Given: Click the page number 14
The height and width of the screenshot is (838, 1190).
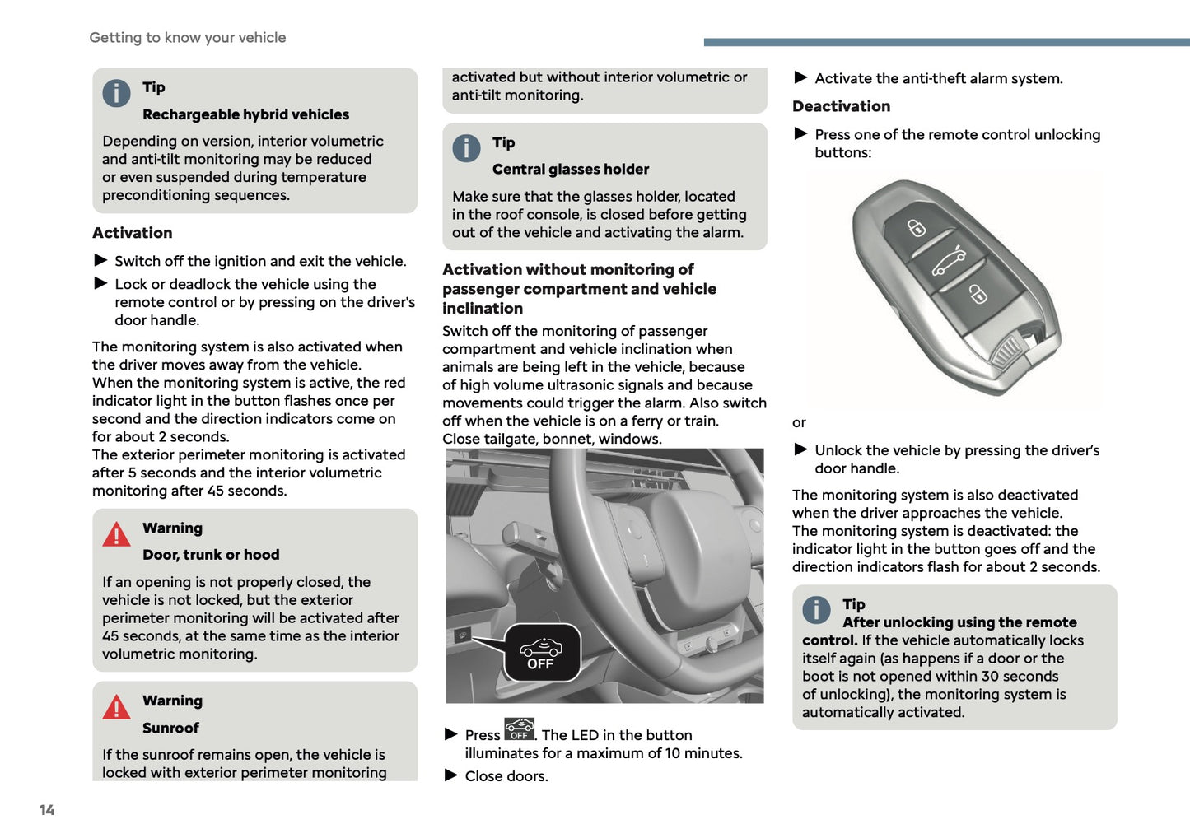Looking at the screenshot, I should (47, 810).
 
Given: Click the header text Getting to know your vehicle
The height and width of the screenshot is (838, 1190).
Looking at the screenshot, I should (188, 38).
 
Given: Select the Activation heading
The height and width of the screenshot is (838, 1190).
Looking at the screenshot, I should (133, 233).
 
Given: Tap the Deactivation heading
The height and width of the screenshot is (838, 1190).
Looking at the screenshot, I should (841, 106).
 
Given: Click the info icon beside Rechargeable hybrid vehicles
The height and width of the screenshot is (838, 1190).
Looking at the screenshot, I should (116, 93).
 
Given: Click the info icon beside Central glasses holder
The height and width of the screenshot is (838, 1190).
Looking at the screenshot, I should (466, 148).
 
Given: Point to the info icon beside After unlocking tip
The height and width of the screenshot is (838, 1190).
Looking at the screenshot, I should (816, 610).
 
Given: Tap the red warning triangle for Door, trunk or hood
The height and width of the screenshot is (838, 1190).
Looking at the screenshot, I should (116, 535).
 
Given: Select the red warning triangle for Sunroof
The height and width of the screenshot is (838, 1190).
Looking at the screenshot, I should (116, 708).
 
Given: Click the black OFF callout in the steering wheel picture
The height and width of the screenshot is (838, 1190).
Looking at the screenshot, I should (542, 653).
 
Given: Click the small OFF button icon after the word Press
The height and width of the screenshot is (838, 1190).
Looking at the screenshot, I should (519, 729).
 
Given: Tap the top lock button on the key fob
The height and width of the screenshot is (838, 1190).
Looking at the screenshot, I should (917, 228).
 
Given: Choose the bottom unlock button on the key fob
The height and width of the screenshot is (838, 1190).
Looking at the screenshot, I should (978, 294).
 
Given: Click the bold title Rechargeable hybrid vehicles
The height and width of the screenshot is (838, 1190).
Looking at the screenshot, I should (245, 114).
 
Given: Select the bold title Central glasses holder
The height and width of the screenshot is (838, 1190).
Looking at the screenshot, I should (571, 170).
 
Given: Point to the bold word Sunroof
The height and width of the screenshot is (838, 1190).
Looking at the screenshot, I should (170, 728).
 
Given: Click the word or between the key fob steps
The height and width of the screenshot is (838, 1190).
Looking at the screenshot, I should (799, 423).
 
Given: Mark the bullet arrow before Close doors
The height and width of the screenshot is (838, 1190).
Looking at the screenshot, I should (451, 775).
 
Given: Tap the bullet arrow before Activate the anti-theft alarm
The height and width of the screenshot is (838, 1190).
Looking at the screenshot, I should (800, 78).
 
